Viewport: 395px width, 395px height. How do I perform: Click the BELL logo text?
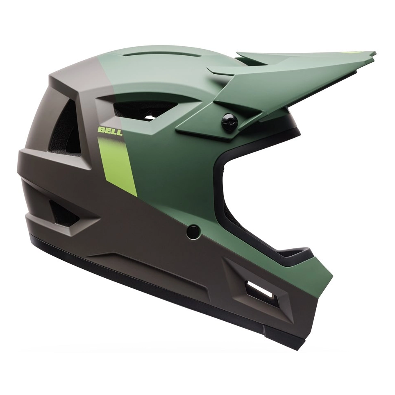pyautogui.click(x=110, y=131)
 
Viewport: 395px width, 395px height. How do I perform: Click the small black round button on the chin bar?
pyautogui.click(x=194, y=231)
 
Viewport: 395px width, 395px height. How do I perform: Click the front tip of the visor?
pyautogui.click(x=375, y=53)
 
